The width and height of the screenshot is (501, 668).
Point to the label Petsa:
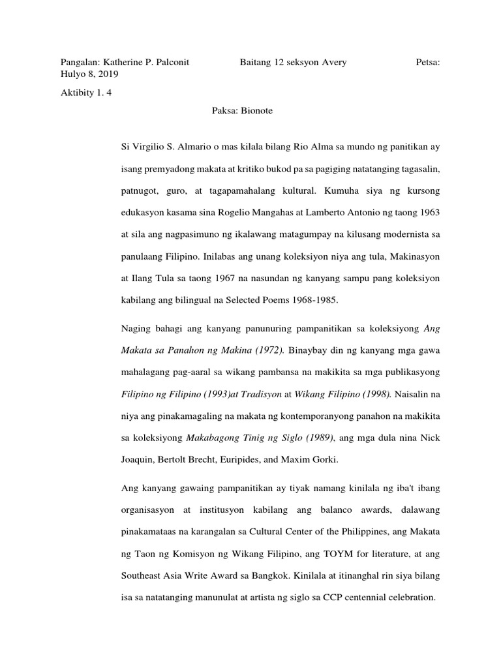click(x=427, y=62)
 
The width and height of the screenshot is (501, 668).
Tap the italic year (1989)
click(x=314, y=437)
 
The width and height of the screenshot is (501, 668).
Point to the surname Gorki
click(x=322, y=459)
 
